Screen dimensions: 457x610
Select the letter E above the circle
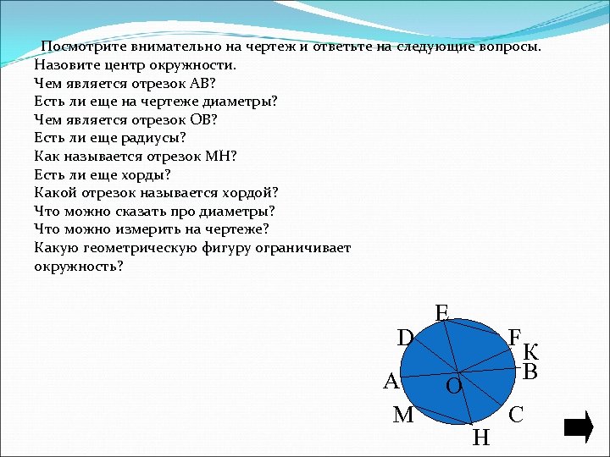[441, 313]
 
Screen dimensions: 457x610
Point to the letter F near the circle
[514, 336]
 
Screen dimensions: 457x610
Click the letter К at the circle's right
[531, 352]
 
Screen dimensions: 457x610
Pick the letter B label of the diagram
[530, 372]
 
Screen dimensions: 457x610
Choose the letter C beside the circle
[516, 415]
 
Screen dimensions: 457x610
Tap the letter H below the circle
[480, 438]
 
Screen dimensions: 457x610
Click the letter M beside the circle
[403, 415]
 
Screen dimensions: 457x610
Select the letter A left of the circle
[391, 382]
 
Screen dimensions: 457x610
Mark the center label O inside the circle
[453, 387]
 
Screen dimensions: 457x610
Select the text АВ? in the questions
[204, 83]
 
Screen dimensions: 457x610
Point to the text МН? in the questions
[220, 156]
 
